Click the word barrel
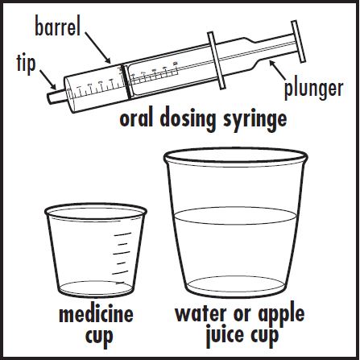click(58, 27)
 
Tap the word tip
click(26, 64)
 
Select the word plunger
click(313, 89)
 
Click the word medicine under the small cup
click(96, 314)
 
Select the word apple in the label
click(281, 316)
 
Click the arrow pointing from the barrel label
click(97, 48)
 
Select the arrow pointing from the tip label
click(48, 80)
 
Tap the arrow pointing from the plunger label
click(278, 70)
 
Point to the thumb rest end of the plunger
click(299, 41)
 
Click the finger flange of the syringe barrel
click(216, 60)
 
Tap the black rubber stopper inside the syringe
click(126, 81)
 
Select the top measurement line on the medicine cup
click(122, 234)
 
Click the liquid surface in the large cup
click(235, 215)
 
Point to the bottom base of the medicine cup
click(96, 289)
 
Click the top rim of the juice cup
click(236, 156)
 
